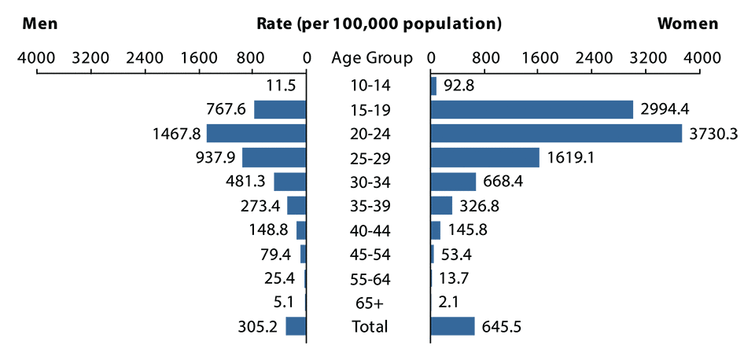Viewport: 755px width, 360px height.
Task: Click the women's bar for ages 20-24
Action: pos(556,134)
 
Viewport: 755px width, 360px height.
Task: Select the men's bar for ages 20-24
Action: pos(256,134)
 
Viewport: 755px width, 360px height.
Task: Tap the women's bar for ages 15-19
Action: pos(532,109)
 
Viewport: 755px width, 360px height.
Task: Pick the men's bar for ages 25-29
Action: pos(274,158)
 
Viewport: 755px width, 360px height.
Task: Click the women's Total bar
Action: pos(453,326)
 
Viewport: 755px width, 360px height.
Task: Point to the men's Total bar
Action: pos(296,326)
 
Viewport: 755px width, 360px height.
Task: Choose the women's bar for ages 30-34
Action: pos(454,182)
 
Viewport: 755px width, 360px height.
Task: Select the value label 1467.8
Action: pos(177,134)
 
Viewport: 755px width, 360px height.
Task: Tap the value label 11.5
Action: pos(281,86)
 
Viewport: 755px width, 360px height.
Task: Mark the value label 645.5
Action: pos(502,326)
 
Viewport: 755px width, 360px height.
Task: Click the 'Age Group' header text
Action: pos(371,57)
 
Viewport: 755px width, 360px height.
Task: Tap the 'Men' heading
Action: pos(41,24)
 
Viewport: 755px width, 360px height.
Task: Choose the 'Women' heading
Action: pos(687,24)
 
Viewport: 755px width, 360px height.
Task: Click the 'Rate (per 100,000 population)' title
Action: pos(379,24)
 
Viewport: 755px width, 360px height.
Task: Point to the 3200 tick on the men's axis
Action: pos(90,57)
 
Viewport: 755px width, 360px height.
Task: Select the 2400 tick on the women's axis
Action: pos(592,57)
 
